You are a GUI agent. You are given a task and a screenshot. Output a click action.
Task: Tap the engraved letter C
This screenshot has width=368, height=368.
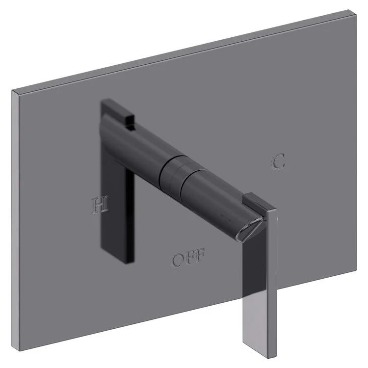pos(278,162)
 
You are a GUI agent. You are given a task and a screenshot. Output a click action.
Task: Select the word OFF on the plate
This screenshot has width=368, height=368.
pos(188,257)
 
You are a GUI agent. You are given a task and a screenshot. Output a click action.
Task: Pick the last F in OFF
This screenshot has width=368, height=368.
pos(199,256)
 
